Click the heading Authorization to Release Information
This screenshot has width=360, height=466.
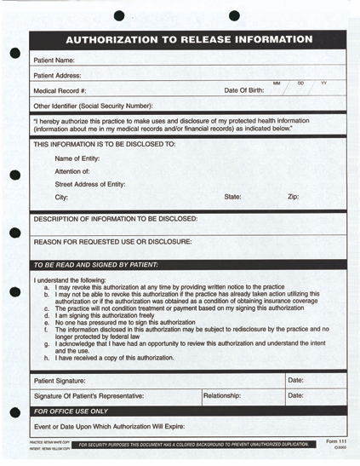189,40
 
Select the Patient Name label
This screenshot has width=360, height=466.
54,60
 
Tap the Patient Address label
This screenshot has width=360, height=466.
57,76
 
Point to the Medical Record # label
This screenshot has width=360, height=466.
60,90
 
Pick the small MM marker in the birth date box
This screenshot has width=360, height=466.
277,83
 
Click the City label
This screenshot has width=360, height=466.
61,197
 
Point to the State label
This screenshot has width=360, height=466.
232,197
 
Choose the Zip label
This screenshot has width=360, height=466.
293,197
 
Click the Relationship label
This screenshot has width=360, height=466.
222,395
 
